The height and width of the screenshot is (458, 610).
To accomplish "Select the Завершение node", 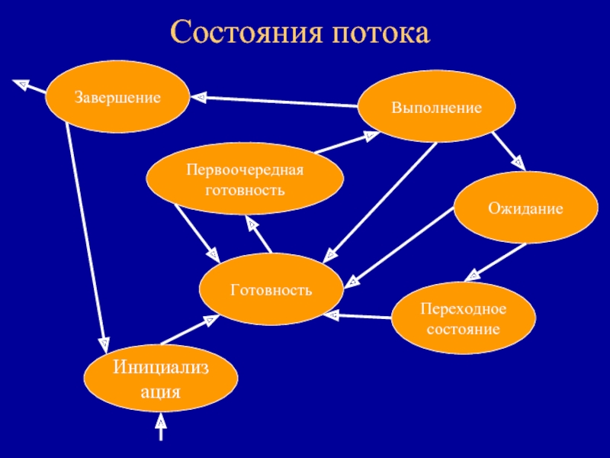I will tap(117, 98).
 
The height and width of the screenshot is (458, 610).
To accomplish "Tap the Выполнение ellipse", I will tap(437, 108).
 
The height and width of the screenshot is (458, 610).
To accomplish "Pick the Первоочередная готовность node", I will tap(245, 179).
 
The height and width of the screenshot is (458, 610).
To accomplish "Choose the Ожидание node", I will tap(526, 208).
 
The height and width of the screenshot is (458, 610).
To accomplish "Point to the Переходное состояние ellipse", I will tap(463, 319).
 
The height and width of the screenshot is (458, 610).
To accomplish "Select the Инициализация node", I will tap(159, 380).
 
